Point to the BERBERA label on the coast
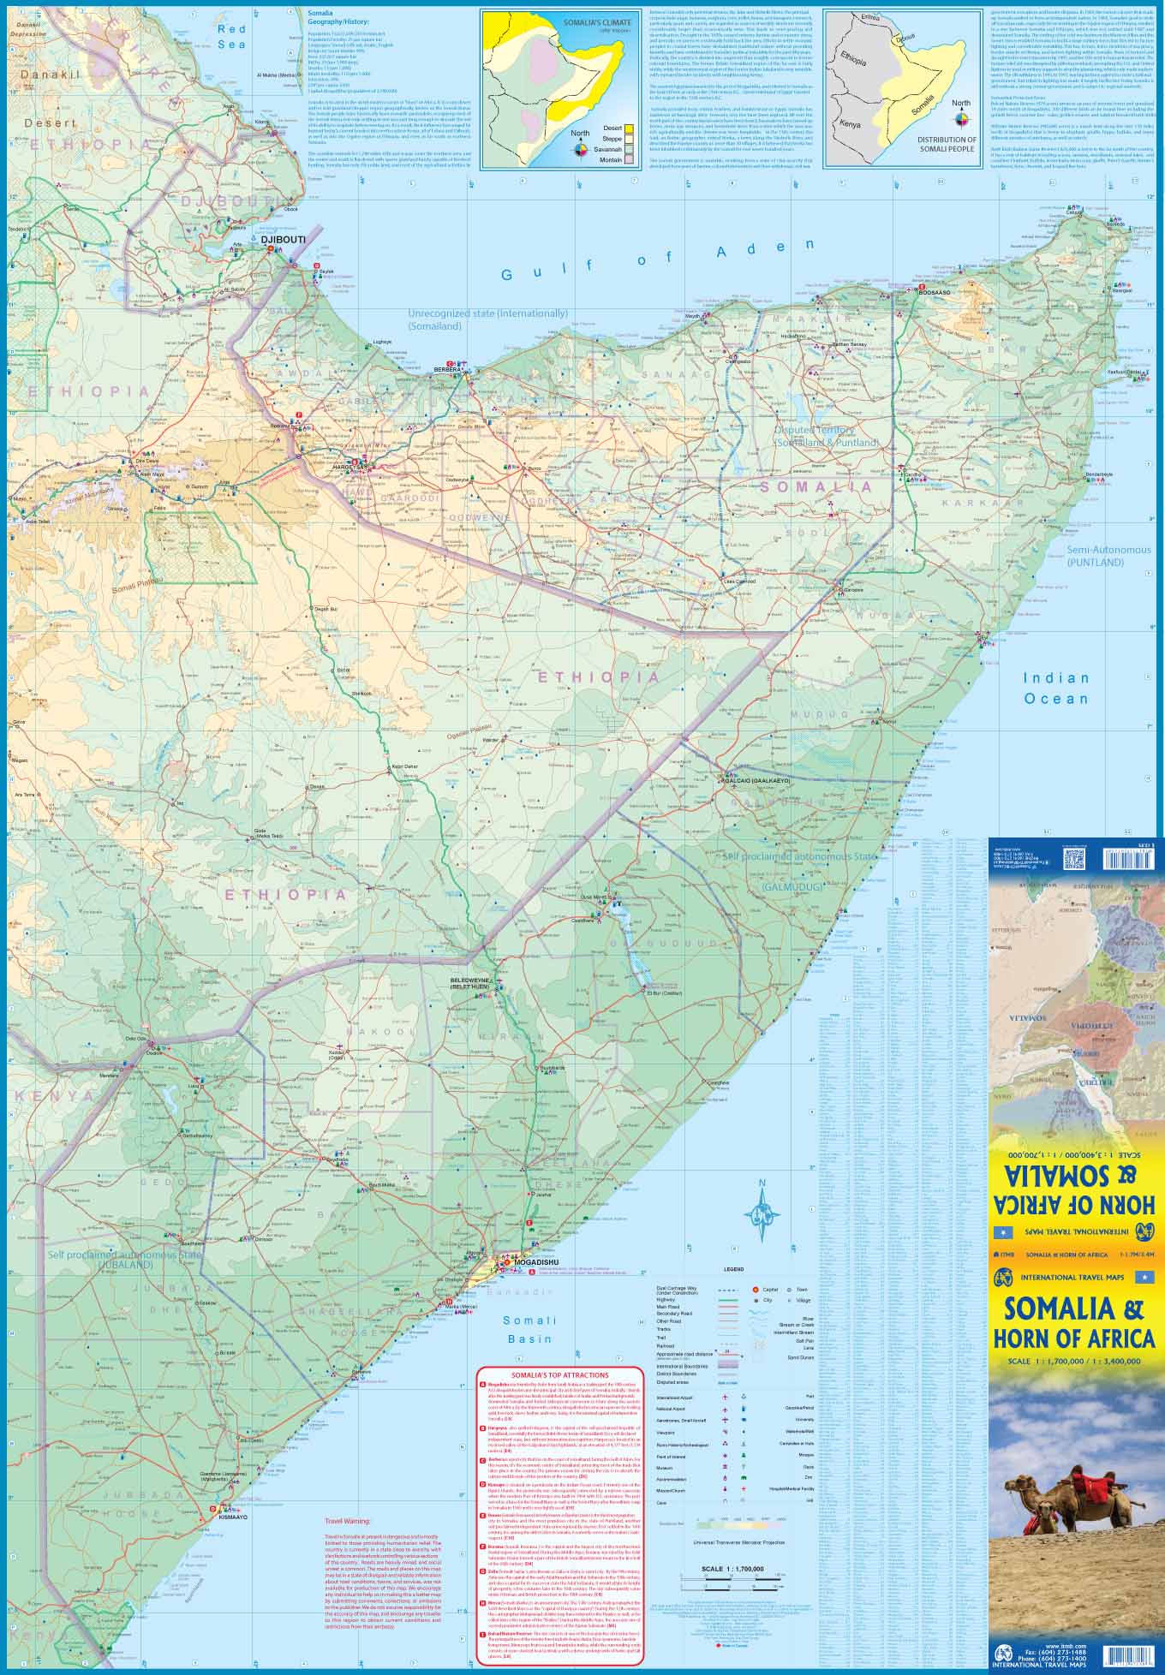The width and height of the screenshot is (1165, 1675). click(447, 369)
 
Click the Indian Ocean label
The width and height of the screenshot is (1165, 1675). click(1056, 688)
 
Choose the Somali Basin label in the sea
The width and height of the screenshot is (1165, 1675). click(529, 1329)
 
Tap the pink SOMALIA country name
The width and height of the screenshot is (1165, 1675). click(815, 486)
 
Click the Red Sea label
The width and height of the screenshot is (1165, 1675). click(231, 37)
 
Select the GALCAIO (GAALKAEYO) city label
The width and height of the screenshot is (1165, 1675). click(757, 781)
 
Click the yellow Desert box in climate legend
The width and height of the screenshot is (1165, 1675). click(629, 128)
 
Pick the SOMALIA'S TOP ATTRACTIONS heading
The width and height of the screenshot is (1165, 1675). click(559, 1374)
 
